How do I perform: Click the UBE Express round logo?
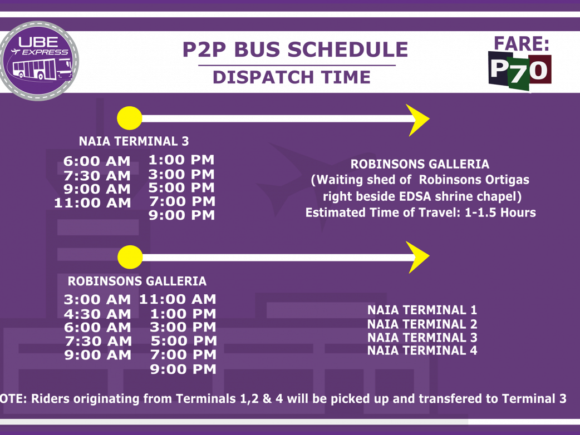tap(39, 61)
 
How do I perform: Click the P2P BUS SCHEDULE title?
tap(295, 50)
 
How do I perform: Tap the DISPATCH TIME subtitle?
tap(292, 77)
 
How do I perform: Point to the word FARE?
tap(522, 43)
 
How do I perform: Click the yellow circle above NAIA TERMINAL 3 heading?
tap(130, 118)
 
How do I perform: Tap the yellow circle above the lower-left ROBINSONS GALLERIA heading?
tap(130, 257)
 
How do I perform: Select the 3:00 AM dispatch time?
tap(97, 299)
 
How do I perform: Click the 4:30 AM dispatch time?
tap(97, 314)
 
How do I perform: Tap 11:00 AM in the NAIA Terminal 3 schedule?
tap(92, 203)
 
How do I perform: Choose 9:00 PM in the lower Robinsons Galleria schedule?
tap(183, 369)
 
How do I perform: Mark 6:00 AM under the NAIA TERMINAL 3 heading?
tap(97, 161)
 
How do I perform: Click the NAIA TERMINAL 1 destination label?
tap(422, 310)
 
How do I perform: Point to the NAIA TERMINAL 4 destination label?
tap(422, 350)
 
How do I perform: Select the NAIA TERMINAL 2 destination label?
tap(422, 324)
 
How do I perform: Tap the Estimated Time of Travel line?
tap(421, 212)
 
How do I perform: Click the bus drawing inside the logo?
tap(42, 69)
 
